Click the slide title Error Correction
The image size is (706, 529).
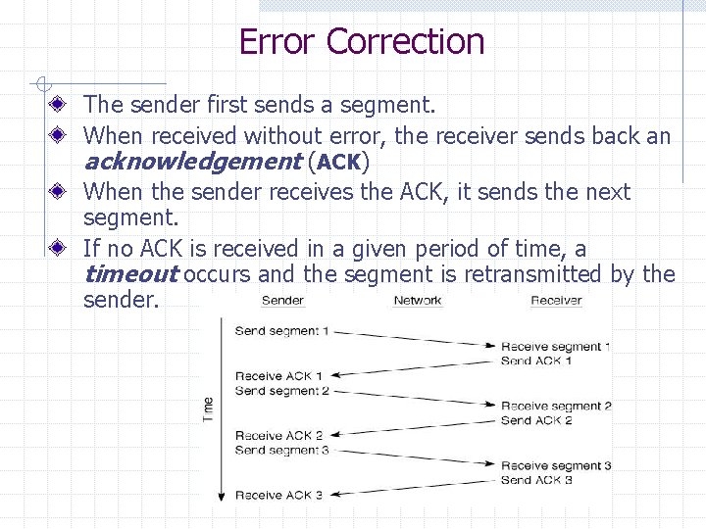361,42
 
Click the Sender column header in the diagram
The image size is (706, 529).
282,301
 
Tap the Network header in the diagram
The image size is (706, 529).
418,301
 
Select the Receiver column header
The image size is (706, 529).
556,301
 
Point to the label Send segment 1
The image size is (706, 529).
281,331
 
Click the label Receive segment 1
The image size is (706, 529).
555,347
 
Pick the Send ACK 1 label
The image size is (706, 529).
535,361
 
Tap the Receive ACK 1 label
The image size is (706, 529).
278,376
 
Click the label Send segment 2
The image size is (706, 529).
281,391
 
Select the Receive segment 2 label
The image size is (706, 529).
555,407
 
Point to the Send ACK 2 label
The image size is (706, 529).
535,420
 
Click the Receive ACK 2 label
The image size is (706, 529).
278,436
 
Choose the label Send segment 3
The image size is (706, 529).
281,451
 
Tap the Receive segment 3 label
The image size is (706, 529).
555,466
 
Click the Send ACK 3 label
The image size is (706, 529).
535,480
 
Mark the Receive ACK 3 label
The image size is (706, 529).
278,496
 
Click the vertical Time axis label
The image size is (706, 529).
208,409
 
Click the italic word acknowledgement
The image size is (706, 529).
191,162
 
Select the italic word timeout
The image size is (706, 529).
130,273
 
